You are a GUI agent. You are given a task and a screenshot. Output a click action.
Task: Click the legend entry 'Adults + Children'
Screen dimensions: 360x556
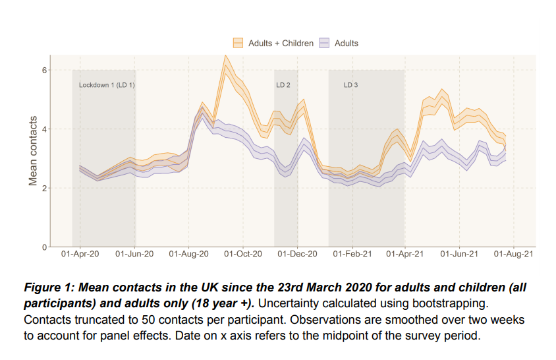pos(280,44)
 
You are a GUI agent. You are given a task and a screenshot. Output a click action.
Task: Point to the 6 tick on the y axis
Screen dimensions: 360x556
pos(44,70)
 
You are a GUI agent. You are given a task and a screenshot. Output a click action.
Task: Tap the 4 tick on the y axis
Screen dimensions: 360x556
pos(44,129)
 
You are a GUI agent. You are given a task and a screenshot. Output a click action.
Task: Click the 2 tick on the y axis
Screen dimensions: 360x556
pos(44,189)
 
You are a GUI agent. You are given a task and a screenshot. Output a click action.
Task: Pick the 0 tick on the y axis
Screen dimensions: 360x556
pos(44,247)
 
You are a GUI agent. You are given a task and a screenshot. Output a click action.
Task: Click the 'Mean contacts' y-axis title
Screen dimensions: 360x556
pos(32,158)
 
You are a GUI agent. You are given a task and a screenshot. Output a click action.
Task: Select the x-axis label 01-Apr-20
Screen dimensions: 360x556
pos(80,254)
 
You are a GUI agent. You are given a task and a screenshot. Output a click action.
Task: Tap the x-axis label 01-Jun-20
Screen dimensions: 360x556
pos(134,254)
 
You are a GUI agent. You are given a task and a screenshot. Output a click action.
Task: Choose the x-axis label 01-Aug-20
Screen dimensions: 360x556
pos(188,254)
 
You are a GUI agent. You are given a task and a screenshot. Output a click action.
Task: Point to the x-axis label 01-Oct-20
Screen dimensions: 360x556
pos(242,254)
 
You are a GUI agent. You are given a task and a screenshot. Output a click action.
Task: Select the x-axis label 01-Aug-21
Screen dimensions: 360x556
pos(513,254)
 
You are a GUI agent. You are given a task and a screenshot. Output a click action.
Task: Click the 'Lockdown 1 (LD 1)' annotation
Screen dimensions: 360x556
pos(107,85)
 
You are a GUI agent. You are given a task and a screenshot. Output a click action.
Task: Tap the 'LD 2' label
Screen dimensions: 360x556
pos(283,85)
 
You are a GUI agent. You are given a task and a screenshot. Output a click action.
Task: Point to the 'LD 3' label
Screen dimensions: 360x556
pos(350,85)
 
